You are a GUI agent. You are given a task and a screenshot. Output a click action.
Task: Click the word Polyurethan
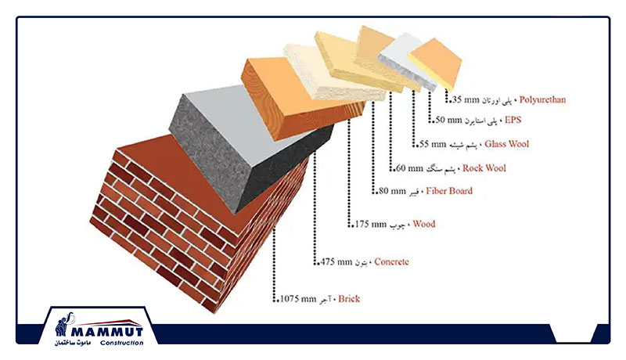tap(542, 99)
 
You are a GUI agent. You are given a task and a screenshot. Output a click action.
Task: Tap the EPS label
tap(513, 120)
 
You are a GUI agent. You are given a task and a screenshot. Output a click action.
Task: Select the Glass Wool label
tap(506, 144)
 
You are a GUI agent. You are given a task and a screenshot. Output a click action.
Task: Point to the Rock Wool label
tap(484, 168)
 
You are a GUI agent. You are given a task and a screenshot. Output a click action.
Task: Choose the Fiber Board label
tap(448, 191)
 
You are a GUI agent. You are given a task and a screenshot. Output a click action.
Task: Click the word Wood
tap(423, 224)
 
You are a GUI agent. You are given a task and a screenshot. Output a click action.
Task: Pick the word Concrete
tap(391, 262)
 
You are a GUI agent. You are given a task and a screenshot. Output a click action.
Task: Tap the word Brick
tap(349, 298)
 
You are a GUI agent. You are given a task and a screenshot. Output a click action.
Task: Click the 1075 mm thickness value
tap(298, 298)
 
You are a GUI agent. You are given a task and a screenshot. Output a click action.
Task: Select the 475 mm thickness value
tap(336, 262)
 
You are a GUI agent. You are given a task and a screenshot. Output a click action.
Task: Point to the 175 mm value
tap(371, 224)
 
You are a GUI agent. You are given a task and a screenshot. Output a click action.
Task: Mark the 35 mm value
tap(465, 99)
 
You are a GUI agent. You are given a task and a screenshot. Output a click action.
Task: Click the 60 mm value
tap(409, 168)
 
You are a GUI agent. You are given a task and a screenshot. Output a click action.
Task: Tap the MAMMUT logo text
tap(107, 332)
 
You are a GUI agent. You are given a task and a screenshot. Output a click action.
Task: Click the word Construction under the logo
tap(122, 343)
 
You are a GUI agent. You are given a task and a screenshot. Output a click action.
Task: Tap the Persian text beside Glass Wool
tap(463, 145)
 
